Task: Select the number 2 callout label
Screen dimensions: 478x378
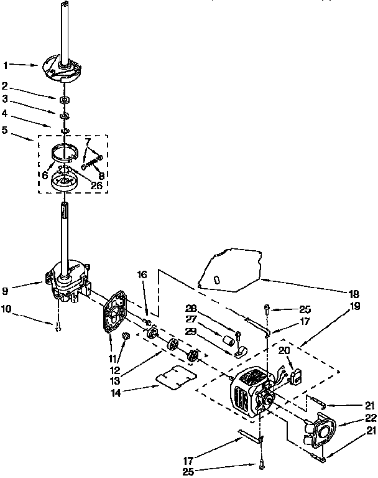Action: pyautogui.click(x=5, y=86)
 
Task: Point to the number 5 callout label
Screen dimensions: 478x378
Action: pyautogui.click(x=5, y=131)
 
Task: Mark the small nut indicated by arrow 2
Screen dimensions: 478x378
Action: pyautogui.click(x=64, y=99)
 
